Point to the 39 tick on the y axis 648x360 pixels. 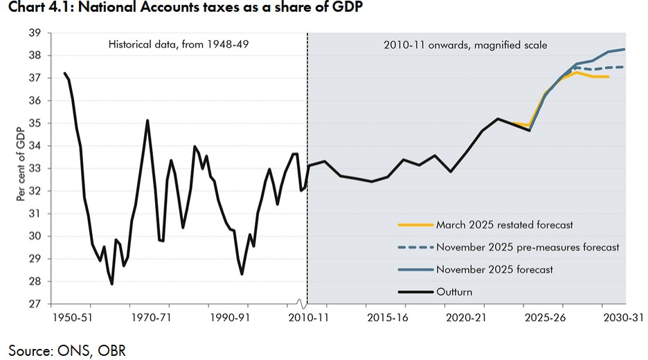point(35,33)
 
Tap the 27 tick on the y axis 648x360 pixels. point(35,304)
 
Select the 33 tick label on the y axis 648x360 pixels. point(35,168)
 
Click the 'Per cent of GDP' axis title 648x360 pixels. point(21,168)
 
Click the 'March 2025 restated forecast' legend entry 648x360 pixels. point(504,225)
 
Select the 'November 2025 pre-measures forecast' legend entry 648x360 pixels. point(527,247)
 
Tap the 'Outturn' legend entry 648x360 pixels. point(453,291)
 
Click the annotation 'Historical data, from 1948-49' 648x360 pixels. point(178,45)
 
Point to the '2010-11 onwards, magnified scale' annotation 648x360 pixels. point(465,45)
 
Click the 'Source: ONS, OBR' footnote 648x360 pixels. point(67,350)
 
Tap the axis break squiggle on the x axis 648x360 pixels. point(301,303)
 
